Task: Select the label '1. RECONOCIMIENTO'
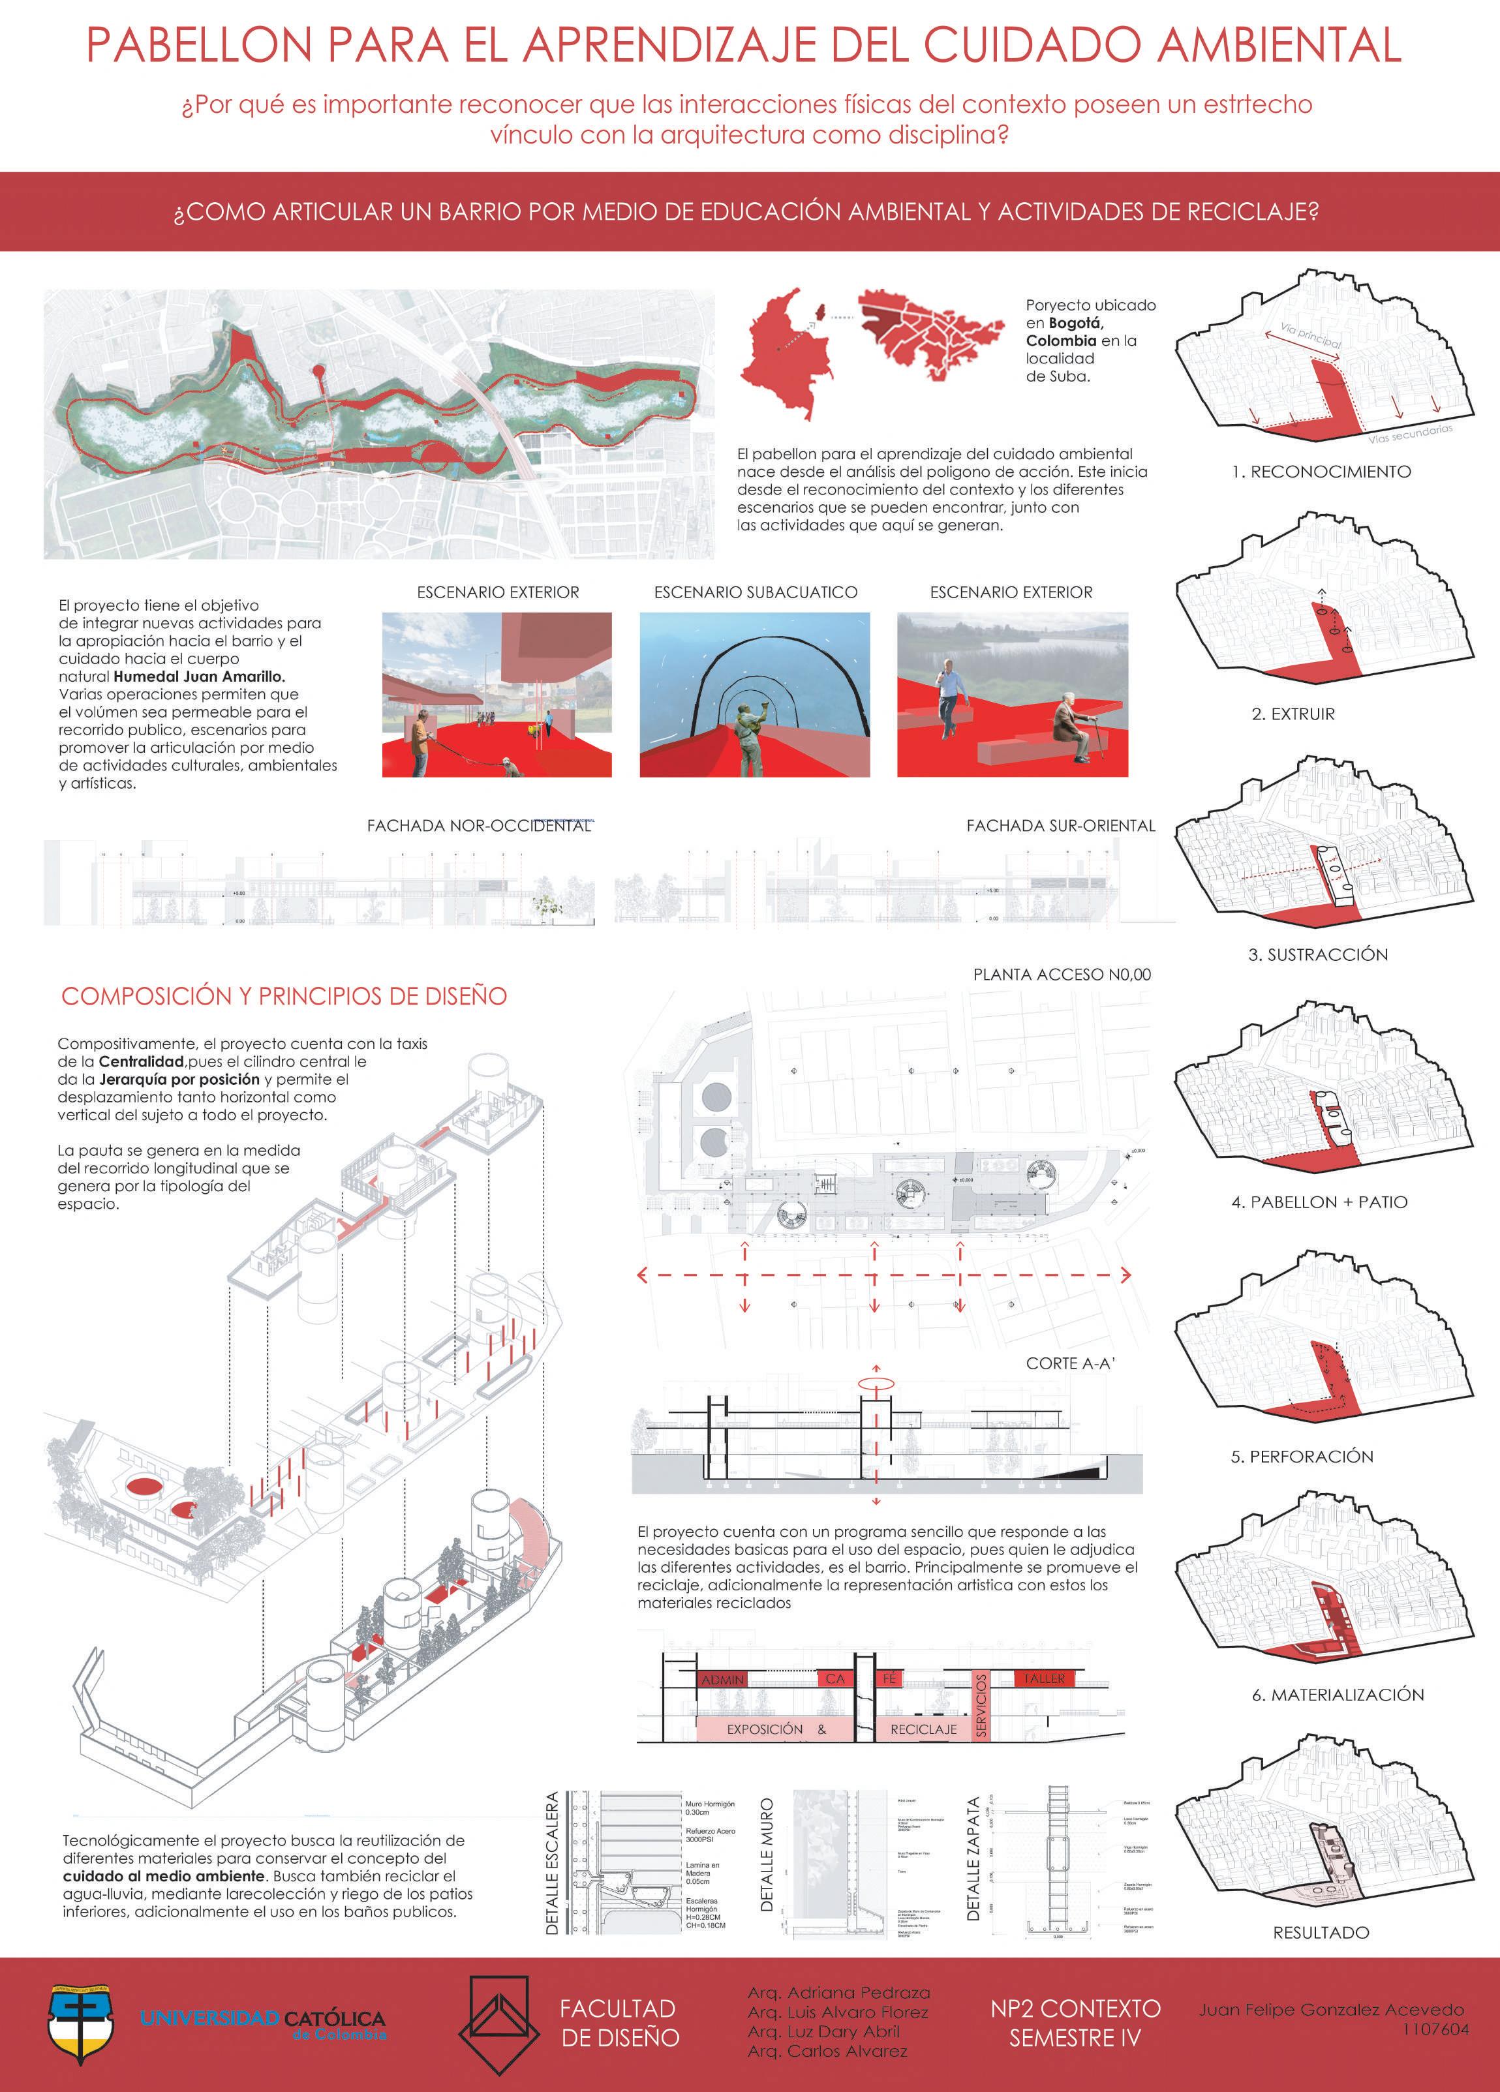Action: tap(1321, 472)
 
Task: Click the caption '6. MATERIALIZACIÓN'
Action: tap(1338, 1695)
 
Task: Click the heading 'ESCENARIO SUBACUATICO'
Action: tap(756, 592)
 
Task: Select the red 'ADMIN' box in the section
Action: tap(722, 1680)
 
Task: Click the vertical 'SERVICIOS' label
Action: tap(981, 1706)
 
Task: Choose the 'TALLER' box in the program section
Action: tap(1045, 1679)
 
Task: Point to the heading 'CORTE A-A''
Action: tap(1070, 1363)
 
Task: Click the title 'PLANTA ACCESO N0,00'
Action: tap(1062, 974)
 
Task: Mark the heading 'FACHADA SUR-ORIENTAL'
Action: tap(1060, 826)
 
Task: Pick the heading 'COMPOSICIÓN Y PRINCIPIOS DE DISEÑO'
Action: tap(284, 996)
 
